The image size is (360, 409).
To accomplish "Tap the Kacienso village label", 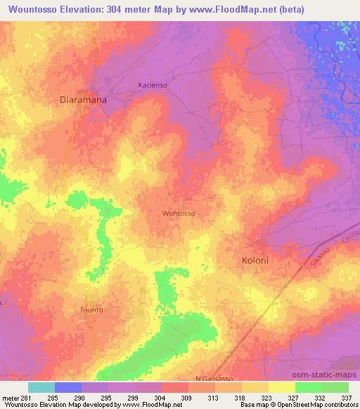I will (x=153, y=84).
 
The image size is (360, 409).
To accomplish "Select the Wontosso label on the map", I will (x=178, y=213).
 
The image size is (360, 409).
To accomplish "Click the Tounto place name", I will (x=92, y=309).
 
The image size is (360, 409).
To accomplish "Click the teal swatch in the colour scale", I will (x=41, y=387).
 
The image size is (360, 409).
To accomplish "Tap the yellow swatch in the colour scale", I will (x=281, y=387).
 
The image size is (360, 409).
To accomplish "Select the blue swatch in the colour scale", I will (x=67, y=387).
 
